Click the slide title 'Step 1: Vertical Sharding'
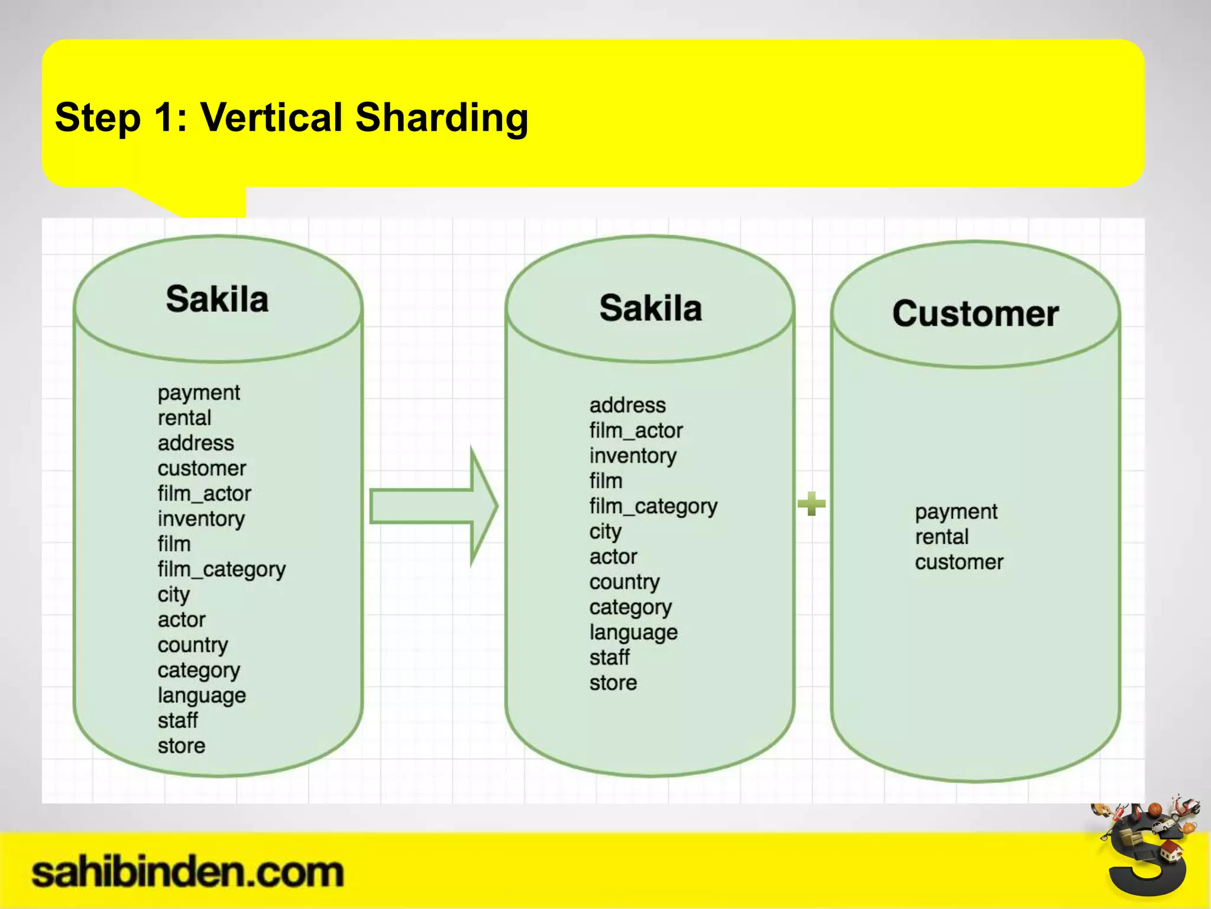pos(292,118)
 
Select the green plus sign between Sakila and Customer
pos(811,504)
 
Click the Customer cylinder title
pos(975,314)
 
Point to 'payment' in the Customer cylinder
pos(956,512)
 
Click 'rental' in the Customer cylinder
pos(941,537)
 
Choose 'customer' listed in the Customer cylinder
pos(959,562)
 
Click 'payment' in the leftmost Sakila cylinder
pos(199,393)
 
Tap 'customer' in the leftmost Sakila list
pos(202,469)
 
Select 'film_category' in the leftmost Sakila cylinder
pos(221,570)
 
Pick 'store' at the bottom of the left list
pos(181,746)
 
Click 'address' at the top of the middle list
pos(627,405)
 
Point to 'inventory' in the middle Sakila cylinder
pos(633,456)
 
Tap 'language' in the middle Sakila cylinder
pos(633,633)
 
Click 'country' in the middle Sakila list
pos(624,582)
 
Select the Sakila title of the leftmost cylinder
pos(217,299)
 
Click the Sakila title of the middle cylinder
pos(650,308)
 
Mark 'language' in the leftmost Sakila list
pos(202,696)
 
